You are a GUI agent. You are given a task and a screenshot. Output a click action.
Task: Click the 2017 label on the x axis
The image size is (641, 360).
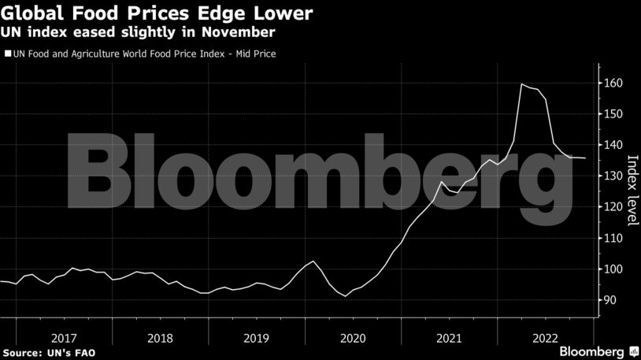tap(64, 337)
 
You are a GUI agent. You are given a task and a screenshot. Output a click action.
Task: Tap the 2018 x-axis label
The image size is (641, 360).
tap(160, 337)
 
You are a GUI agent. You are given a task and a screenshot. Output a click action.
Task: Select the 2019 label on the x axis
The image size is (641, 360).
tap(256, 337)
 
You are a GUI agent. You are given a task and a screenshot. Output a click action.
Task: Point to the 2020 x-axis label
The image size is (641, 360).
tap(352, 337)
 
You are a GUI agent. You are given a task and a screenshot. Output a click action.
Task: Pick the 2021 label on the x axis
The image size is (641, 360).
tap(448, 337)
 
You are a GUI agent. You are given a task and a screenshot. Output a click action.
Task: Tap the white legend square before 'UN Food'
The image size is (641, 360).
tap(7, 54)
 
